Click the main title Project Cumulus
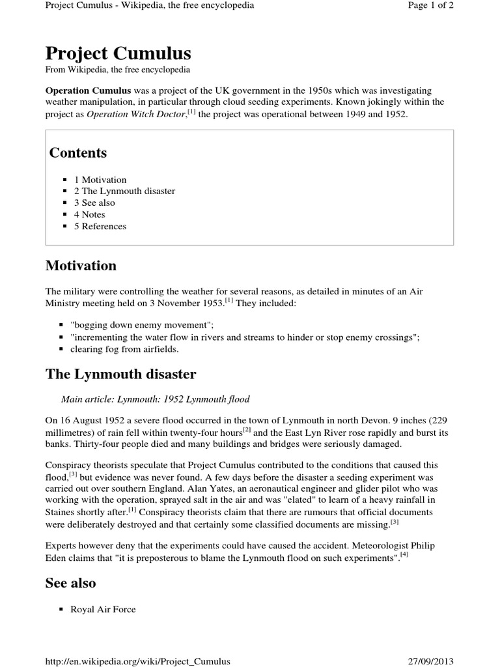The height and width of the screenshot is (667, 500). coord(118,53)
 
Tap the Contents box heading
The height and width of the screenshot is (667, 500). coord(78,152)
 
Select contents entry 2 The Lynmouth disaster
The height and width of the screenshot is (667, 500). coord(124,192)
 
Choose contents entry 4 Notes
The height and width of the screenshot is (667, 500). coord(89,215)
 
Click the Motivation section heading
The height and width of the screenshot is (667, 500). coord(81,266)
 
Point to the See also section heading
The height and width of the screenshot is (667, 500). coord(70,583)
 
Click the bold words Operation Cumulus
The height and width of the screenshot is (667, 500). coord(88,91)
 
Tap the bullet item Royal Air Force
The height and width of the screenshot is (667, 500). coord(104,610)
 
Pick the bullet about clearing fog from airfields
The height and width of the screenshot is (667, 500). coord(124,349)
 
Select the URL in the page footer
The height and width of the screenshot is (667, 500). coord(137,661)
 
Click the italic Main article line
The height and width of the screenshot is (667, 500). coord(155,399)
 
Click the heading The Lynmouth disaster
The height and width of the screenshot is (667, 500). coord(120,374)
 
